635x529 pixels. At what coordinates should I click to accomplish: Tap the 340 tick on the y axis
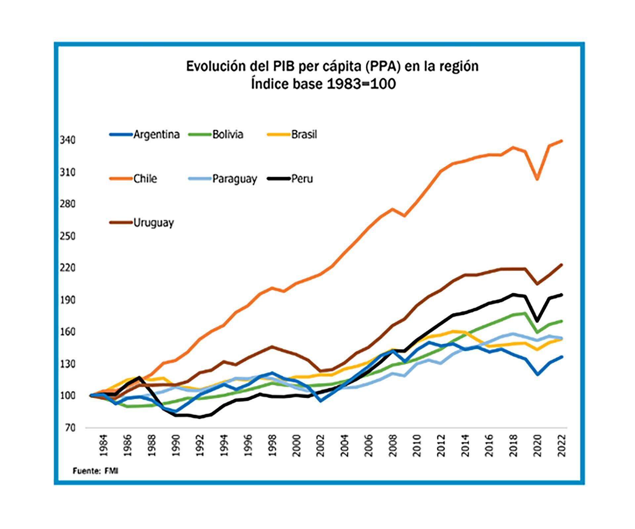67,140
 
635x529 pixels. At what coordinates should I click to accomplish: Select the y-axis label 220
67,267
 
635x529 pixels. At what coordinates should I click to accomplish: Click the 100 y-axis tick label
67,396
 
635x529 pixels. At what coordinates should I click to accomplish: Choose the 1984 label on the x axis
104,446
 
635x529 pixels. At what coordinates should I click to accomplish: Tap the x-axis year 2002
320,446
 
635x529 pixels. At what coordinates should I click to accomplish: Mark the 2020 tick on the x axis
537,446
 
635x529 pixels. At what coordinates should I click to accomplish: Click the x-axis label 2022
562,446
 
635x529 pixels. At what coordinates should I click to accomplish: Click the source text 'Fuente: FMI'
95,471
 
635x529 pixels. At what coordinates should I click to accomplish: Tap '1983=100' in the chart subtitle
361,84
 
